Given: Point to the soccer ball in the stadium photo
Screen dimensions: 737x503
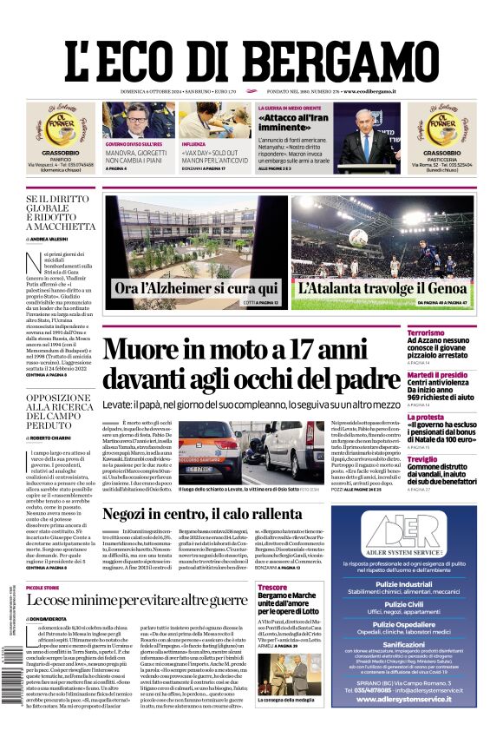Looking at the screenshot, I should [358, 235].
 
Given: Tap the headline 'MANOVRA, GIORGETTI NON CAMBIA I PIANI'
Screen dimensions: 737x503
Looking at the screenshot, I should [136, 155].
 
